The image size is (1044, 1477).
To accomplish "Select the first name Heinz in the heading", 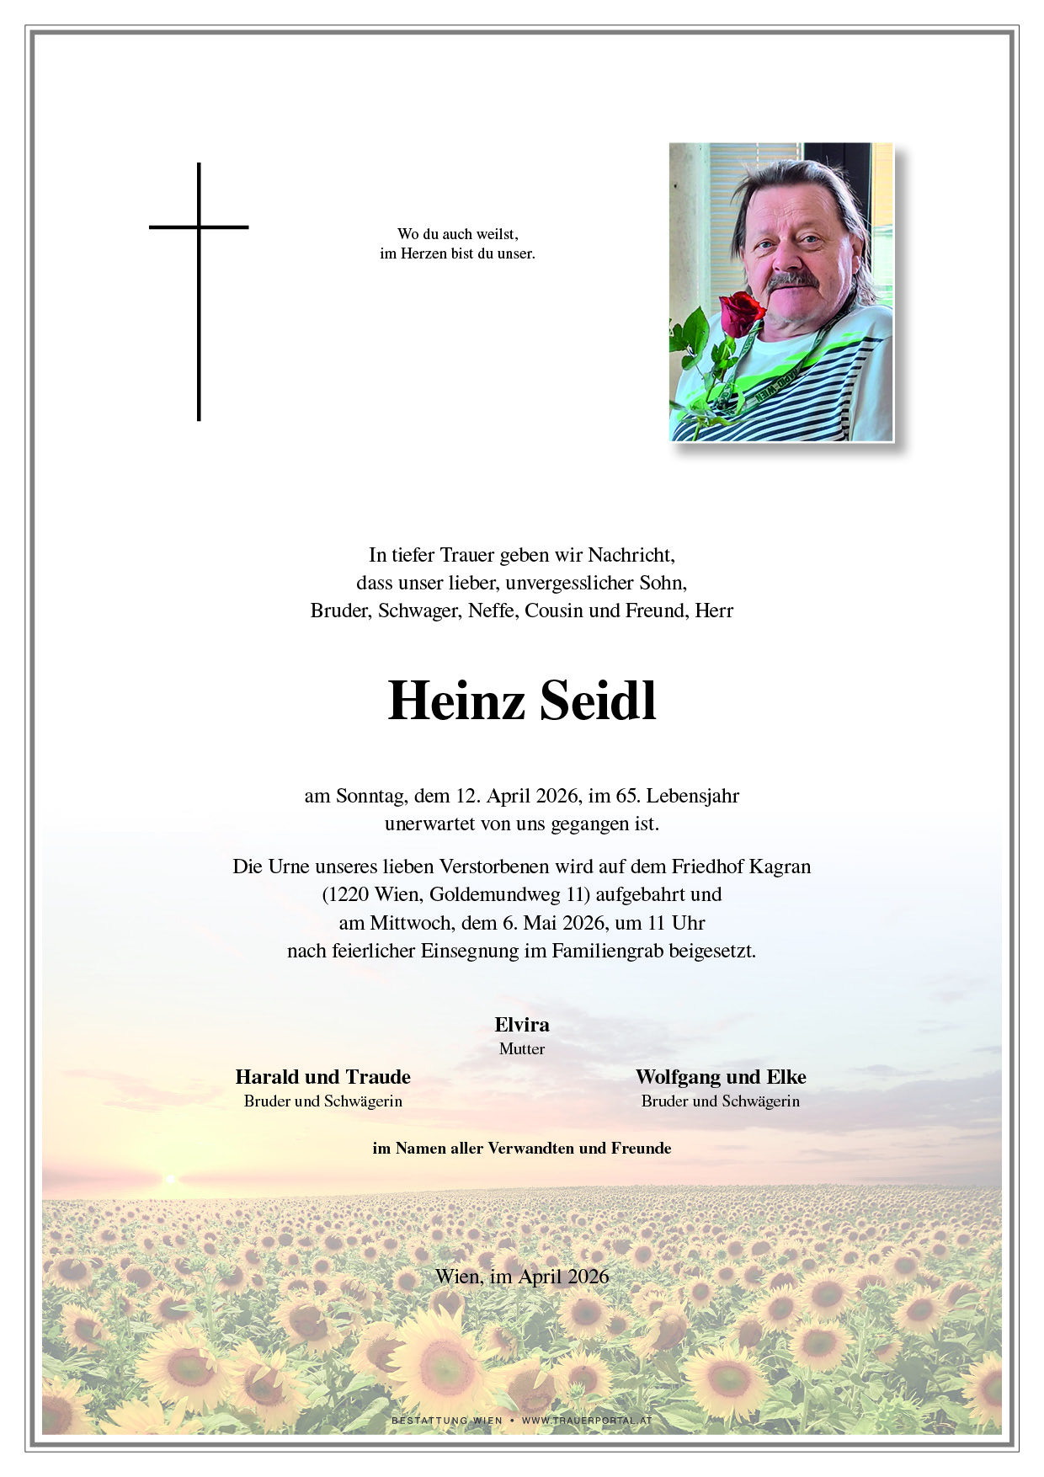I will (455, 701).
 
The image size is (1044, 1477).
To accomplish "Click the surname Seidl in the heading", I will (598, 701).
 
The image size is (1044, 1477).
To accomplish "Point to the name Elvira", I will (522, 1025).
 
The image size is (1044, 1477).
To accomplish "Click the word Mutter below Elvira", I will (522, 1049).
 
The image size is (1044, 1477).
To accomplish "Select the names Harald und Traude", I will (323, 1077).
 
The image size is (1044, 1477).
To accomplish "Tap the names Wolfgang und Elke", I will (721, 1077).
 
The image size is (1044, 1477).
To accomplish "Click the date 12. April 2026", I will (517, 796).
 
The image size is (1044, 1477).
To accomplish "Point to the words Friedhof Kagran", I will (741, 866).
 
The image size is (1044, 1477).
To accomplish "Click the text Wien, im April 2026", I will (522, 1277).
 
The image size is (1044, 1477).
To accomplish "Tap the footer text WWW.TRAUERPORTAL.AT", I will (587, 1421).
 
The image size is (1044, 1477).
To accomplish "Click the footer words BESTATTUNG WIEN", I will (446, 1421).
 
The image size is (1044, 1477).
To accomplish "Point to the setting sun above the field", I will (171, 1179).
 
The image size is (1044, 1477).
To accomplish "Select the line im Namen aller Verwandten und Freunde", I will (522, 1149).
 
